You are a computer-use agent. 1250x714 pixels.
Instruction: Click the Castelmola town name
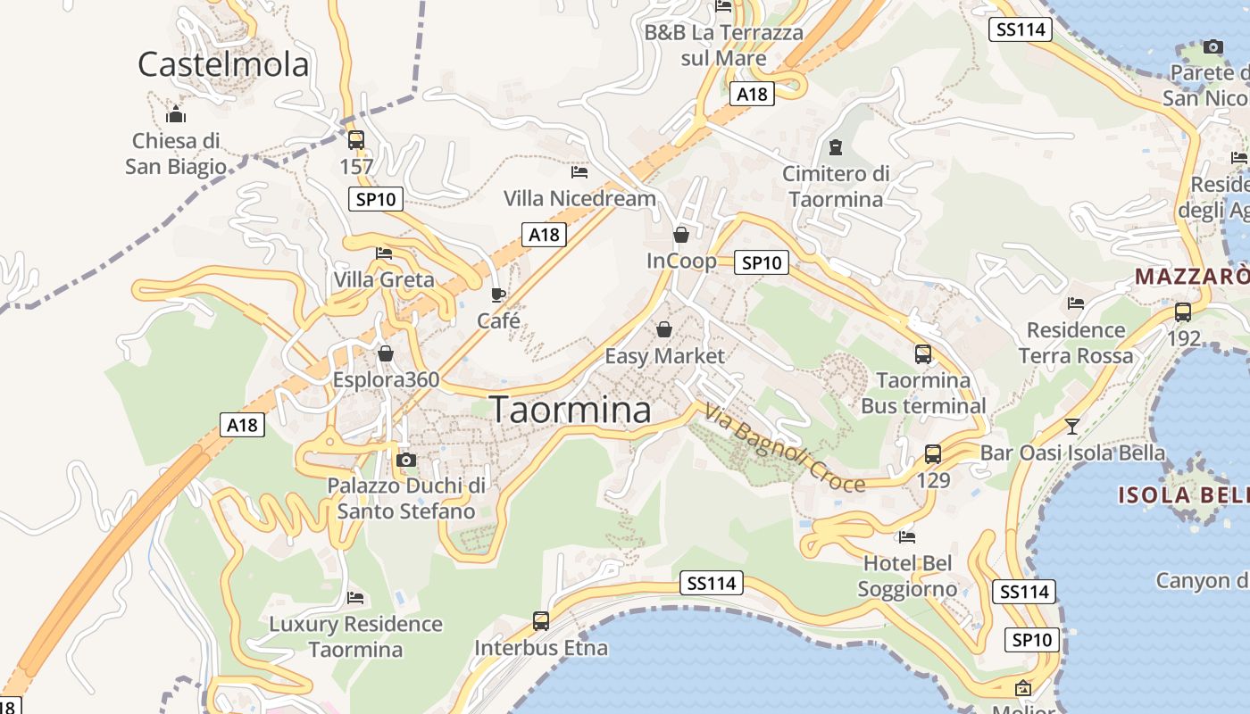coord(223,64)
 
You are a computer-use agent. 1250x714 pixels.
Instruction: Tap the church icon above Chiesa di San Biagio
coord(176,114)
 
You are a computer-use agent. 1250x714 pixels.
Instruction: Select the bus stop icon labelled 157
coord(356,140)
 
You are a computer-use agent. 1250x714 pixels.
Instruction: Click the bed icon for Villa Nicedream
coord(579,171)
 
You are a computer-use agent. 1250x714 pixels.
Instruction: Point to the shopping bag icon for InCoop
coord(681,235)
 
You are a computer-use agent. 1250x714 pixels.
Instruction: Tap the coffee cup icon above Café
coord(498,295)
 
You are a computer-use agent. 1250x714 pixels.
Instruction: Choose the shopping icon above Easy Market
coord(664,330)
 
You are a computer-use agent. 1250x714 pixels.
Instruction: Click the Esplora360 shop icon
coord(386,354)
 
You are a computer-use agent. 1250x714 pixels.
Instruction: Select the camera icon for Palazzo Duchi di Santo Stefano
coord(406,460)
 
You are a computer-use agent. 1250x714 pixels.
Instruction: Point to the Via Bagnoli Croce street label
coord(784,448)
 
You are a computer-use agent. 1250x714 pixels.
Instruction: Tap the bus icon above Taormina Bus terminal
coord(923,354)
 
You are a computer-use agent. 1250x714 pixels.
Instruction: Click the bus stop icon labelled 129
coord(933,454)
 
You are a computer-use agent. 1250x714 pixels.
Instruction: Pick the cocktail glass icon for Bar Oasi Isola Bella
coord(1072,427)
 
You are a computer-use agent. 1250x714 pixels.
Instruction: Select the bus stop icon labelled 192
coord(1183,312)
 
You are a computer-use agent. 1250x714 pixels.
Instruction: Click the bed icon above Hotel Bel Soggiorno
coord(907,537)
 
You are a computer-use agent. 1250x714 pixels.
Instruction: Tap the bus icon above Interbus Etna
coord(541,621)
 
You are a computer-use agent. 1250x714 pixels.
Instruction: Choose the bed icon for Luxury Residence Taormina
coord(355,598)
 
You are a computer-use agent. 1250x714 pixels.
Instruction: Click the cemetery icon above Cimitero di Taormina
coord(836,146)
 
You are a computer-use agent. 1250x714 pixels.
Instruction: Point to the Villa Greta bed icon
coord(384,253)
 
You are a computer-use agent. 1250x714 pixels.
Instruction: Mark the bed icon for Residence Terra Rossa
coord(1076,303)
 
